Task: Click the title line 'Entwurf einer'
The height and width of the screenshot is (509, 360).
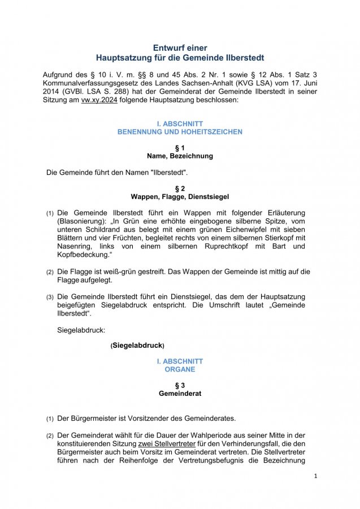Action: [x=180, y=48]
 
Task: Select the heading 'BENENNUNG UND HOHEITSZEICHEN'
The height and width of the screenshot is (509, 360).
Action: [x=180, y=132]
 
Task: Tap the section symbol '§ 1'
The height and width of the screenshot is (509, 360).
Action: [x=180, y=148]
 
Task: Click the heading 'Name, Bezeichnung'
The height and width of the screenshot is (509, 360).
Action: [x=180, y=156]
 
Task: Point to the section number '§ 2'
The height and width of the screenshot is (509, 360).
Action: [x=180, y=188]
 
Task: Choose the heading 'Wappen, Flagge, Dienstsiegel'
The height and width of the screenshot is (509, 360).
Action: [x=180, y=197]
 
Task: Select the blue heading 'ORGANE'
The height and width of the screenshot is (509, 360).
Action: [x=180, y=369]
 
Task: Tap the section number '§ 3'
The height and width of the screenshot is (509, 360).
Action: [x=180, y=385]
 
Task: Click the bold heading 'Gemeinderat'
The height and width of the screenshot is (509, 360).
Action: [x=180, y=393]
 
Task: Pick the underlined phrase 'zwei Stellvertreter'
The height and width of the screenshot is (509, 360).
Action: [x=167, y=443]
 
